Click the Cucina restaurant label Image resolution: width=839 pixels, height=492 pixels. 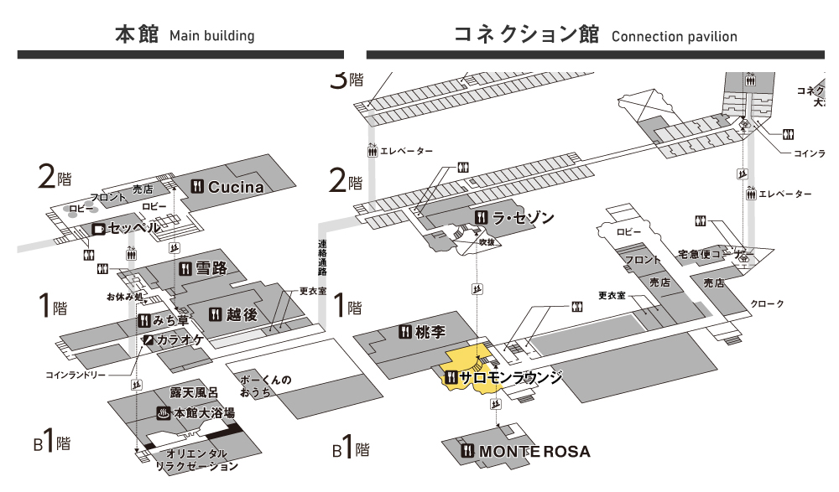(235, 187)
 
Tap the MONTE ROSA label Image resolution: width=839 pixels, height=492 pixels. (534, 452)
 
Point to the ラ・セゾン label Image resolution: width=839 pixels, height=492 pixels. (523, 218)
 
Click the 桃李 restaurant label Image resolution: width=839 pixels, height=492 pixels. (430, 332)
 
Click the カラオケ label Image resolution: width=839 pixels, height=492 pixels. (180, 339)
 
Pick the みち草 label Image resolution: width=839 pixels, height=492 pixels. (170, 321)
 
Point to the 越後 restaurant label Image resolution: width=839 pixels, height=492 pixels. (241, 314)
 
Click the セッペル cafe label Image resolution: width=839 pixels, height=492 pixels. (134, 228)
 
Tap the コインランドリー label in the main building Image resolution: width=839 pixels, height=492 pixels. (76, 375)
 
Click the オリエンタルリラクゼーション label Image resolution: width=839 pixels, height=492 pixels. (197, 459)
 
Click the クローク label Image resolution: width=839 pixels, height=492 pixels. (767, 303)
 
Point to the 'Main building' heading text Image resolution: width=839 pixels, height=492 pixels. (211, 36)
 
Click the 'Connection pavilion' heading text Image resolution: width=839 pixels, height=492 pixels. (675, 36)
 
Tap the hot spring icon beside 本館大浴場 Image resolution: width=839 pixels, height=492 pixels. (164, 413)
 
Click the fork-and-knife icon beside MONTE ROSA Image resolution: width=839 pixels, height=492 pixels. (468, 452)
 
